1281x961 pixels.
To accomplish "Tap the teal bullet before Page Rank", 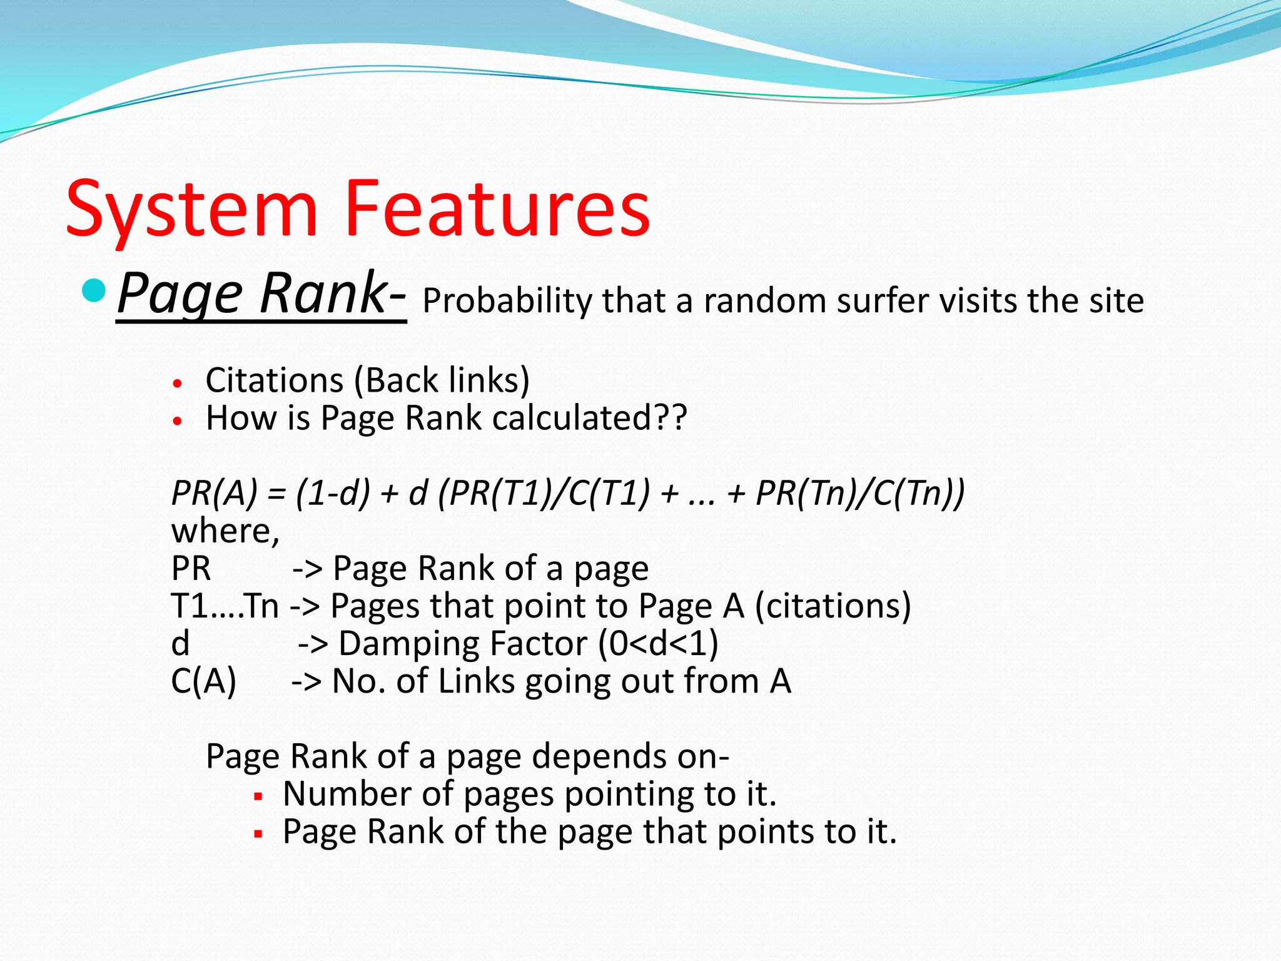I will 94,290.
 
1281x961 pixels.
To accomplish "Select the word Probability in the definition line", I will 506,301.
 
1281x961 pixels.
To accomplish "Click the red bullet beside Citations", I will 178,383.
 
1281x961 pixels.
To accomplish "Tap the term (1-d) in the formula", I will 333,493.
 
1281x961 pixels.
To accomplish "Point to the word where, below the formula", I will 225,531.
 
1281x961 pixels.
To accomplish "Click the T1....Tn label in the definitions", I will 225,606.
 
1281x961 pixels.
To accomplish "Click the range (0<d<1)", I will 658,644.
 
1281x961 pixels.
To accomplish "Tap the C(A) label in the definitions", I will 204,681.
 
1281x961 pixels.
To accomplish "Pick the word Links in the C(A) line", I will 476,681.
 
